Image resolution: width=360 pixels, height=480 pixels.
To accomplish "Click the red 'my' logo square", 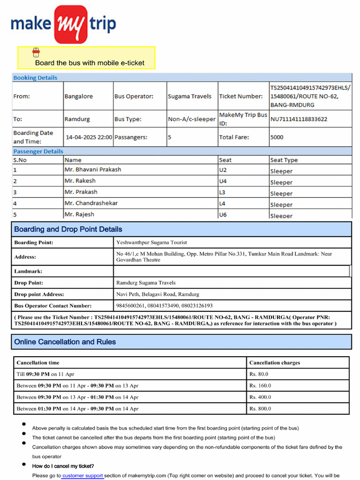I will coord(70,24).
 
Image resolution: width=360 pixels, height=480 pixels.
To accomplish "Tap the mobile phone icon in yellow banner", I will coord(36,52).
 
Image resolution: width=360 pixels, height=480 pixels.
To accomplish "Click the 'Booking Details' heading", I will coord(35,78).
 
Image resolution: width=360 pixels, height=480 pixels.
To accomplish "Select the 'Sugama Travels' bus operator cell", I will coord(189,96).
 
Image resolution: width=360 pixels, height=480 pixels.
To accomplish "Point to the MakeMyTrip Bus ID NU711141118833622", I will coord(299,119).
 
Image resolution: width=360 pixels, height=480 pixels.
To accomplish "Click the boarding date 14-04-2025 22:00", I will coord(89,137).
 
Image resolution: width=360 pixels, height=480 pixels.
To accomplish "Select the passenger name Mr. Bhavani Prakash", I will coord(92,169).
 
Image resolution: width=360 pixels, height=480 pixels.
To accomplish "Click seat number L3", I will coord(222,192).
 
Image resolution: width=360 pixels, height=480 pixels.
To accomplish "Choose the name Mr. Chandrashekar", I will coord(91,203).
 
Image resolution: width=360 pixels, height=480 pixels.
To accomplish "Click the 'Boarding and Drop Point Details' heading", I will coord(68,229).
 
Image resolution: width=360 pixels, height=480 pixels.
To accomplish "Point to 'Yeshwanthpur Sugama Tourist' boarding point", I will coord(151,242).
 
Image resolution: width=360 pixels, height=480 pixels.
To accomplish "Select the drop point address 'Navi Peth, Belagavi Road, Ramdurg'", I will coord(157,294).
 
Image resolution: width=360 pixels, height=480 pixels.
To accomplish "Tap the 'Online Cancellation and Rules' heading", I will coord(65,342).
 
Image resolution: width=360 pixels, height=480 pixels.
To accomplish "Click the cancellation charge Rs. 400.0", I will coord(260,397).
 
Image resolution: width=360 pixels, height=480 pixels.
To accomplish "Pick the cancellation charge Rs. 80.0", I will coord(259,374).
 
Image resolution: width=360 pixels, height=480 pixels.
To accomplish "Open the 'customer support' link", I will coord(82,476).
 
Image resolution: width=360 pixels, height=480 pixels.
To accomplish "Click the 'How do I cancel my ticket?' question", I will coord(63,466).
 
